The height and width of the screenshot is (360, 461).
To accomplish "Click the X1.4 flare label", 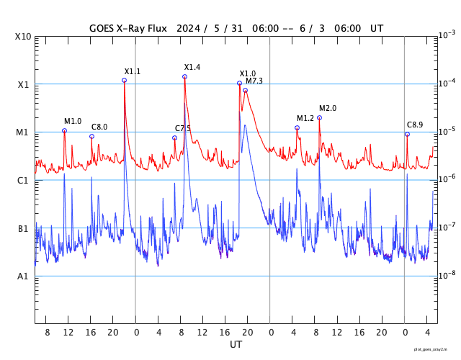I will point(192,67).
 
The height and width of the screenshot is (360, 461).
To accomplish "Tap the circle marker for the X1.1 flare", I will point(124,80).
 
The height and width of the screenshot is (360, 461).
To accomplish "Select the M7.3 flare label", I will point(254,81).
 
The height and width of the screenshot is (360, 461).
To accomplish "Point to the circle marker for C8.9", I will point(407,134).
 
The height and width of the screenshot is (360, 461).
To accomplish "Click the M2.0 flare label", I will point(328,108).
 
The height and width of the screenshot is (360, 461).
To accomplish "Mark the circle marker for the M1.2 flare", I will point(297,127).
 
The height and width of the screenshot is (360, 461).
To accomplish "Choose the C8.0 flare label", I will point(99,127).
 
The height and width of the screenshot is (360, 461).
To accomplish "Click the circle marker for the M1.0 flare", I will point(64,130).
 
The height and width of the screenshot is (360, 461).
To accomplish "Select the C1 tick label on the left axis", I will point(23,180).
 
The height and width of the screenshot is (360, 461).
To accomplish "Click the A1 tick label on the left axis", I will point(23,276).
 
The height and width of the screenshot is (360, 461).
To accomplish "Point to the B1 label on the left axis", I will point(23,229).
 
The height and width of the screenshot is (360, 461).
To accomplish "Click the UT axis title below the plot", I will point(236,345).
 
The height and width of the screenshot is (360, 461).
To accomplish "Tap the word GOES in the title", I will point(104,28).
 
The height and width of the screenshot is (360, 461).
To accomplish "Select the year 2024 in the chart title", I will point(189,28).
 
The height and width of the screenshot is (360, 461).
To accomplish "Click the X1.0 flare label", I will point(248,73).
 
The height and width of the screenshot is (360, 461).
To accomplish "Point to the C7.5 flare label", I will point(183,128).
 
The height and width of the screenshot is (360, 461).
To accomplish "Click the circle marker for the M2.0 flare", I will point(319,117).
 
